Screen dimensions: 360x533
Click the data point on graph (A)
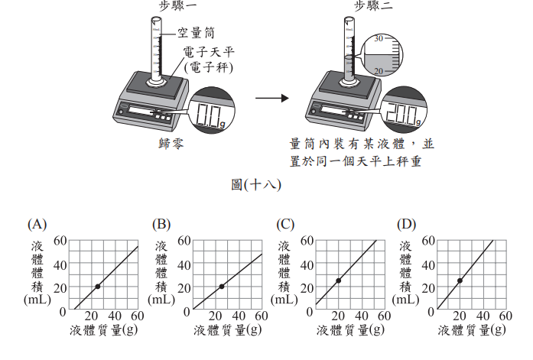tap(98, 287)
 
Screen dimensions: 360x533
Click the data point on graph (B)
tap(222, 287)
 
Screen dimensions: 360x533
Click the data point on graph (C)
tap(338, 281)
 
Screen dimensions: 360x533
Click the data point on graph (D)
tap(460, 281)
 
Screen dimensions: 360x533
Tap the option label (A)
tap(37, 225)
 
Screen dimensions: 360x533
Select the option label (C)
tap(285, 225)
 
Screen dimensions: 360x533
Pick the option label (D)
tap(407, 225)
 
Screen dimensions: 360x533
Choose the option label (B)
tap(161, 225)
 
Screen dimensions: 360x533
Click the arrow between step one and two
tap(272, 99)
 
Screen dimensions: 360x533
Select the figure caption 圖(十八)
tap(257, 184)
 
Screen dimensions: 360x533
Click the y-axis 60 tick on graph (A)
tap(61, 241)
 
